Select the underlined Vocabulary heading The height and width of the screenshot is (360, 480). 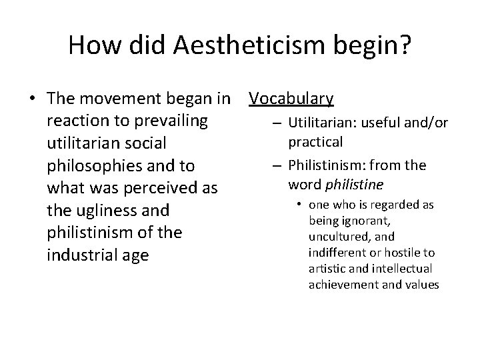coord(291,99)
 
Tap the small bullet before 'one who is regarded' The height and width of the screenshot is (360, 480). coord(301,205)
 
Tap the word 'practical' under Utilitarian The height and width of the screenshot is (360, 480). coord(315,142)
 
